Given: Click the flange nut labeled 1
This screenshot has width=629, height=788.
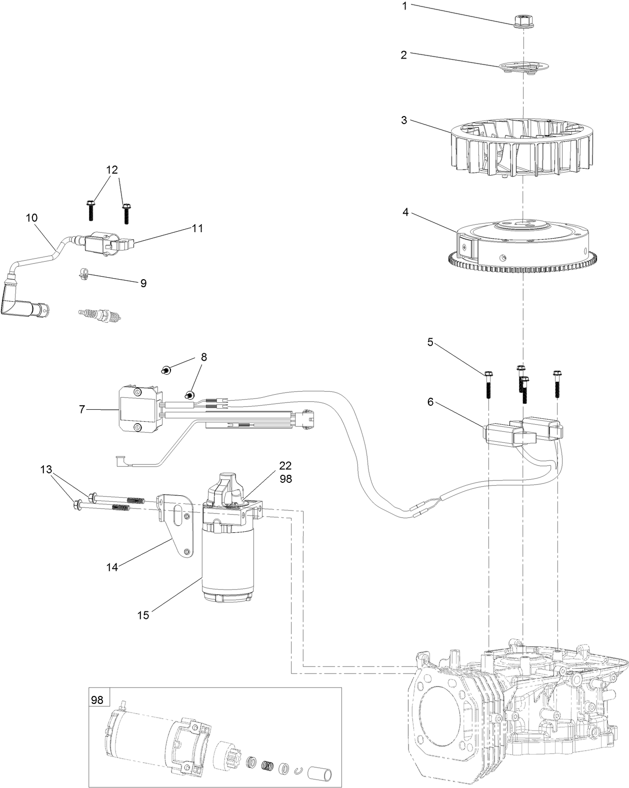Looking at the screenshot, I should tap(523, 21).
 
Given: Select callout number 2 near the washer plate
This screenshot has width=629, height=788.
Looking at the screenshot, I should tap(403, 55).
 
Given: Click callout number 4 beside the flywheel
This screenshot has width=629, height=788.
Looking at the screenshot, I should tap(405, 212).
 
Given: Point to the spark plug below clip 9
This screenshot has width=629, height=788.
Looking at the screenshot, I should tap(100, 316).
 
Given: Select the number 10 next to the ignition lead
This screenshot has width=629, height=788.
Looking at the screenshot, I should tap(31, 218).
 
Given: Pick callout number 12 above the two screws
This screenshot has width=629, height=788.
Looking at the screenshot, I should tap(111, 170).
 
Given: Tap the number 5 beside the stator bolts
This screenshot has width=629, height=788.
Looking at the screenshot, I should tap(430, 343).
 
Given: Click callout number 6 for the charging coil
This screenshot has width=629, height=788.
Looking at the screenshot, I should tap(430, 401).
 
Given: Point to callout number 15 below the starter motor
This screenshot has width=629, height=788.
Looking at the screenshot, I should tap(143, 615).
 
